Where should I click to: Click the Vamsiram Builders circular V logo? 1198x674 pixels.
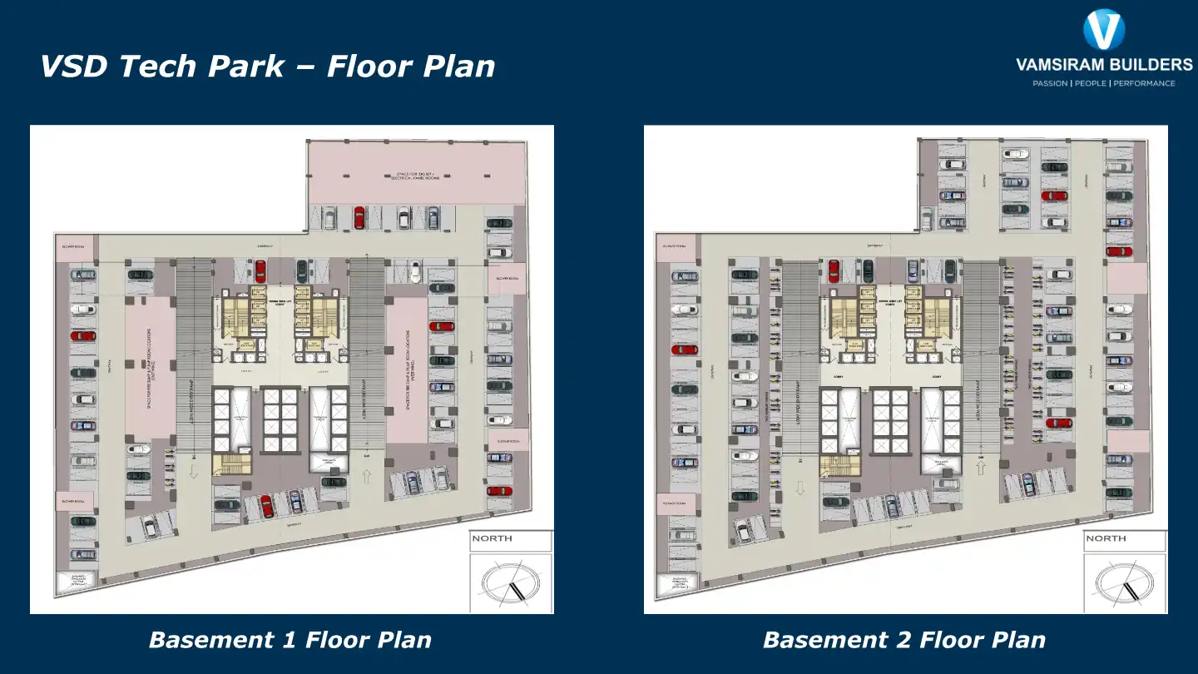pyautogui.click(x=1104, y=30)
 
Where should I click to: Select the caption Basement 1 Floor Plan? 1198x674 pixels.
pyautogui.click(x=290, y=640)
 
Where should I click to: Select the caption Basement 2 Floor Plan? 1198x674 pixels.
pyautogui.click(x=903, y=640)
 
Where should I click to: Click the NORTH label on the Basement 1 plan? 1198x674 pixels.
pyautogui.click(x=492, y=538)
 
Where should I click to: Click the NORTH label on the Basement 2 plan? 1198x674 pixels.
pyautogui.click(x=1106, y=538)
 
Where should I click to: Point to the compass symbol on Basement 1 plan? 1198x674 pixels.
pyautogui.click(x=510, y=582)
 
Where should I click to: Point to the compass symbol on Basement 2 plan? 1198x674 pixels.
pyautogui.click(x=1124, y=582)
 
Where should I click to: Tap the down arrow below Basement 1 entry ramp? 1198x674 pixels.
pyautogui.click(x=192, y=473)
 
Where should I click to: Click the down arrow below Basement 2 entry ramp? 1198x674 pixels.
pyautogui.click(x=800, y=488)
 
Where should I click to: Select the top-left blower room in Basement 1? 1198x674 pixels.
pyautogui.click(x=75, y=246)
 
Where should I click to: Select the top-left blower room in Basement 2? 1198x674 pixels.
pyautogui.click(x=675, y=246)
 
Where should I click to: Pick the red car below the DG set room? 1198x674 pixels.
pyautogui.click(x=359, y=217)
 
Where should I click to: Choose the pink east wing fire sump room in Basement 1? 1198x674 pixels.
pyautogui.click(x=407, y=370)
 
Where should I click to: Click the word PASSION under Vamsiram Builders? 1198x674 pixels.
pyautogui.click(x=1050, y=83)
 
